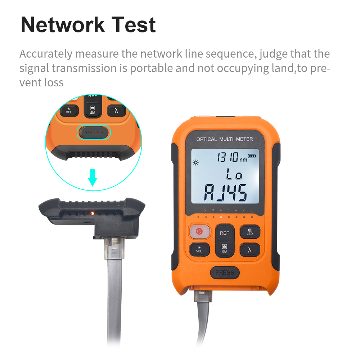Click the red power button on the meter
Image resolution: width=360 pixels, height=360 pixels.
coord(199,231)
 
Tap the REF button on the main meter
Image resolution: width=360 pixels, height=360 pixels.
coord(224,233)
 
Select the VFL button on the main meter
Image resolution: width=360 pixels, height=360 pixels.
coord(199,249)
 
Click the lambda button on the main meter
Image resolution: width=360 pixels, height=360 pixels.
coord(250,250)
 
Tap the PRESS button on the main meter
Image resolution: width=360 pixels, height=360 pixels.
coord(225,273)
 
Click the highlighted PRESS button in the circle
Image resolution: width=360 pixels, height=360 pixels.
coord(94,132)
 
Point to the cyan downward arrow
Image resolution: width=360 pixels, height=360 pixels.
coord(93,177)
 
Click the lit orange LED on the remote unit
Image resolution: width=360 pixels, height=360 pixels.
coord(92,213)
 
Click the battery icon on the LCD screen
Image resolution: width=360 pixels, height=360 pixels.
coord(252,156)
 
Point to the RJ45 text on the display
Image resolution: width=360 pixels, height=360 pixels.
coord(226,193)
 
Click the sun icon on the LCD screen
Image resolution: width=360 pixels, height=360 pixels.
coord(195,163)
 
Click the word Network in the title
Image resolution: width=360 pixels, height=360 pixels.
coord(63,24)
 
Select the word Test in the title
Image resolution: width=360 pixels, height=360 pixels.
coord(134,24)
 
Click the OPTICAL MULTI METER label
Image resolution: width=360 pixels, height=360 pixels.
coord(225,139)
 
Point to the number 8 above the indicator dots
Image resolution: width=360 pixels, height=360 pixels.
coord(252,210)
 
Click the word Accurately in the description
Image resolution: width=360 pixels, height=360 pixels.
coord(46,54)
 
